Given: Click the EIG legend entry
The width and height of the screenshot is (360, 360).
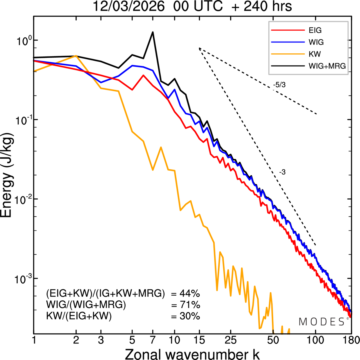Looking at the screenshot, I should (x=315, y=30).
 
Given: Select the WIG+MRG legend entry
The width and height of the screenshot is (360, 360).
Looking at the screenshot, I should (x=327, y=66).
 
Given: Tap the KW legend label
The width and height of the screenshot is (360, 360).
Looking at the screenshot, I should (x=315, y=54).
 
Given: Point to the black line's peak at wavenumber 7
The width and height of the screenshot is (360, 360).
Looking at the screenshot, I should (x=153, y=32).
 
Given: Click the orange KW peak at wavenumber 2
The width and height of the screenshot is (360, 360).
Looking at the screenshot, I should (x=76, y=56).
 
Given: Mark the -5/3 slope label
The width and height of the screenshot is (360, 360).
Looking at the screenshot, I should (x=279, y=85).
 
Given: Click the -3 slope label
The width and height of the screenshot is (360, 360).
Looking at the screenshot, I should (x=282, y=172).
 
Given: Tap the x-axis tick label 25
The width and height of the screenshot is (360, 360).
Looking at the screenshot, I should (x=231, y=340).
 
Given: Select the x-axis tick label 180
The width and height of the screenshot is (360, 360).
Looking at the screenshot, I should (x=351, y=340).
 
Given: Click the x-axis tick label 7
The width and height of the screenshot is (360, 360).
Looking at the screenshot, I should (x=153, y=340).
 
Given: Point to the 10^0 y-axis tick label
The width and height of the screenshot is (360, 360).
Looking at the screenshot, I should (x=23, y=41).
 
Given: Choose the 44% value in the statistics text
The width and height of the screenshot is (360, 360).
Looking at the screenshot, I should (x=189, y=294).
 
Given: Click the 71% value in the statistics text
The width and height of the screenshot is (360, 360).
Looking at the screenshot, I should (x=189, y=305).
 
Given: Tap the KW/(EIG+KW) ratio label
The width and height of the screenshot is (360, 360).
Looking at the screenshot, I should (x=79, y=316).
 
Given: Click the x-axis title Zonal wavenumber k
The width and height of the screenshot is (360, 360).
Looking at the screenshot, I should (x=192, y=354).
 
